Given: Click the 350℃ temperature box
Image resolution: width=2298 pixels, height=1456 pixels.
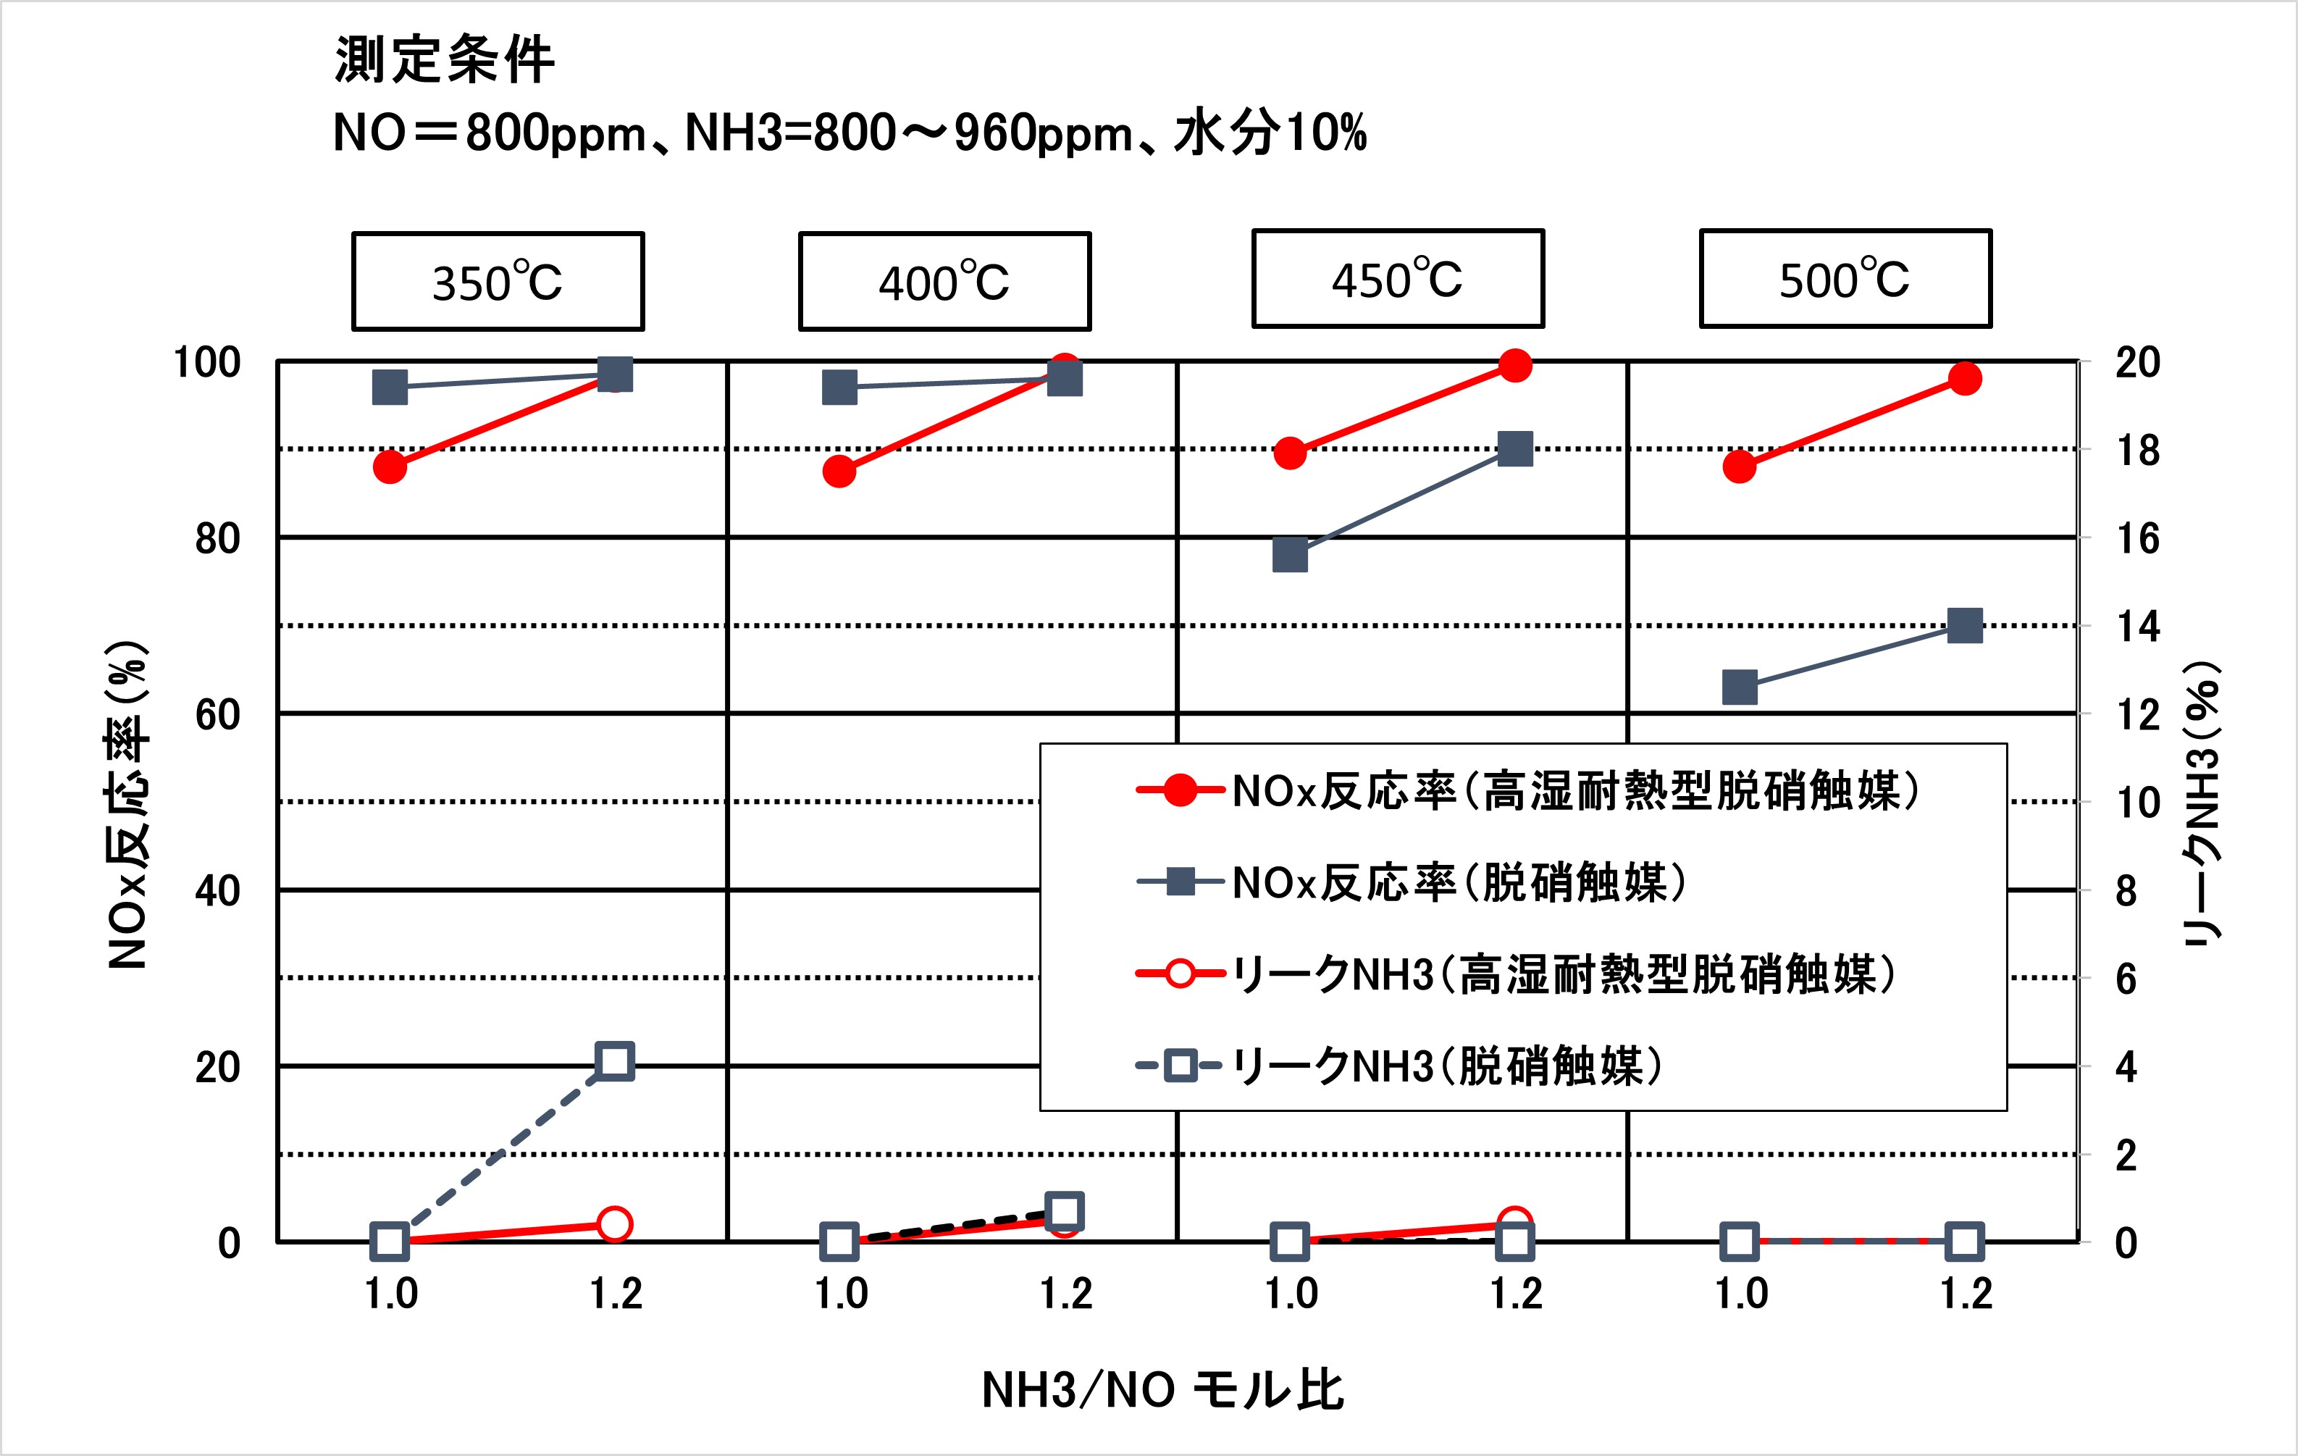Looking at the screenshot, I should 498,282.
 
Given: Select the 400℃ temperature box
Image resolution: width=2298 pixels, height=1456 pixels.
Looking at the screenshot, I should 944,282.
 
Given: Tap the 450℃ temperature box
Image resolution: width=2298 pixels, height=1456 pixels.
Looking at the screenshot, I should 1397,279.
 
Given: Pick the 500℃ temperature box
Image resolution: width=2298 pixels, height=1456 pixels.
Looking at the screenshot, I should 1845,279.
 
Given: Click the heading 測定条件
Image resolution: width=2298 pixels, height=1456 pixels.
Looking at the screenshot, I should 444,59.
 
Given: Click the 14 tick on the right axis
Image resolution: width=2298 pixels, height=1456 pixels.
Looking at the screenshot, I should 2138,627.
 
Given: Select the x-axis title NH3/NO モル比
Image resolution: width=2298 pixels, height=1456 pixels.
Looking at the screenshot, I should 1162,1390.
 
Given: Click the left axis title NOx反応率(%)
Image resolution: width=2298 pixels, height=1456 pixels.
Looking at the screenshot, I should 128,805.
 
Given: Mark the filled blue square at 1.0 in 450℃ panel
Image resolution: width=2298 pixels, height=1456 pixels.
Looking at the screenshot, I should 1289,555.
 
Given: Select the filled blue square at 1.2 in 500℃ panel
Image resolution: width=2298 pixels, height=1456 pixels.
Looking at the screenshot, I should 1965,627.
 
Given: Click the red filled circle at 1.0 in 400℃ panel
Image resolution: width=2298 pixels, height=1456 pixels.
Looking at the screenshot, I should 839,471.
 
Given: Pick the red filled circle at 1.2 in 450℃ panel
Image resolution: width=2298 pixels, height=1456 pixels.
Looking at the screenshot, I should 1514,364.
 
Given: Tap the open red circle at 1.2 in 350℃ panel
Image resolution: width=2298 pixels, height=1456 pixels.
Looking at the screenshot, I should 615,1224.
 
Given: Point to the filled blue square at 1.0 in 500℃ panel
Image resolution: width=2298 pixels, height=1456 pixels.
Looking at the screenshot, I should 1740,687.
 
